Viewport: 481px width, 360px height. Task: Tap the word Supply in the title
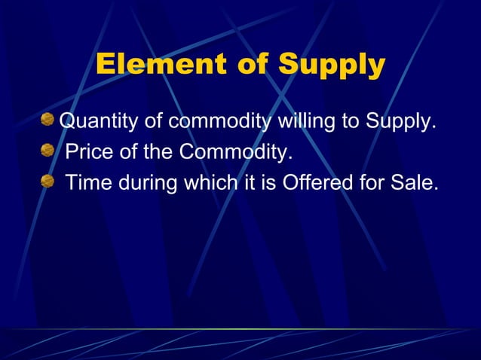(332, 66)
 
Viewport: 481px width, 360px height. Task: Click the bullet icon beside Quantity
(49, 120)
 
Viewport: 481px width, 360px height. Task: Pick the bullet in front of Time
(49, 182)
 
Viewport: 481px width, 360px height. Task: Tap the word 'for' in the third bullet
(372, 182)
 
